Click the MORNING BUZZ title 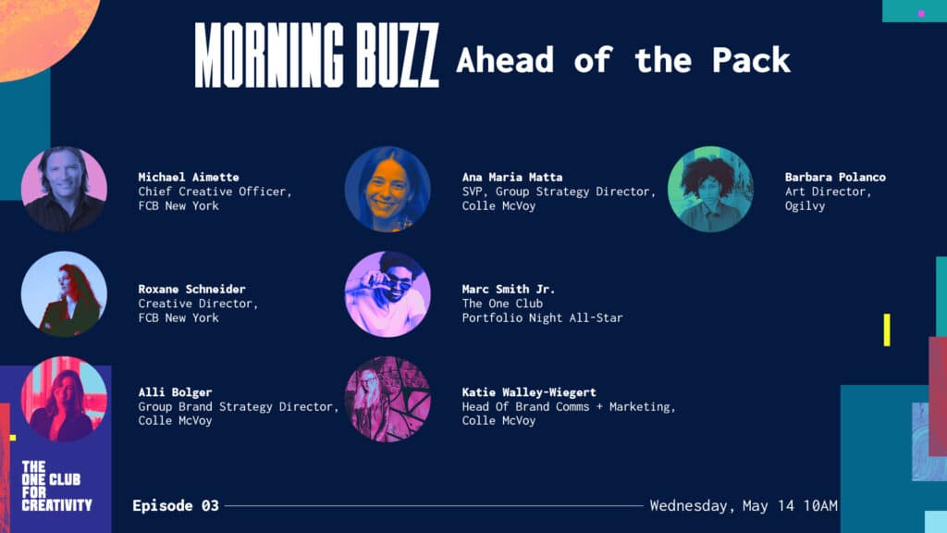click(x=316, y=56)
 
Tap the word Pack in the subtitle click(x=751, y=60)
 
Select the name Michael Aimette click(x=189, y=177)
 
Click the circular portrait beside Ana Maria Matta click(x=387, y=189)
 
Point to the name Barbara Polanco click(x=835, y=177)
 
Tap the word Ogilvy click(x=806, y=206)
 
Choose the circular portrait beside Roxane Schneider click(x=64, y=294)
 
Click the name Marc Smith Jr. click(x=508, y=289)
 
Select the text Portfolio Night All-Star click(x=542, y=318)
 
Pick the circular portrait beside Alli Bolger click(x=64, y=399)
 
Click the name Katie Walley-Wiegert click(x=529, y=392)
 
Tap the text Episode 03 click(x=176, y=506)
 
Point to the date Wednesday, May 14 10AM click(x=744, y=506)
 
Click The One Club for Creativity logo click(x=56, y=486)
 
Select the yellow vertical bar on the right click(x=887, y=330)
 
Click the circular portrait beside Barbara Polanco click(x=711, y=189)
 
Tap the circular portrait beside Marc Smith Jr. click(x=387, y=294)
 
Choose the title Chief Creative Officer click(x=215, y=192)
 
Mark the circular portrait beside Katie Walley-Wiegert click(x=387, y=399)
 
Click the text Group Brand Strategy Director click(x=238, y=407)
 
